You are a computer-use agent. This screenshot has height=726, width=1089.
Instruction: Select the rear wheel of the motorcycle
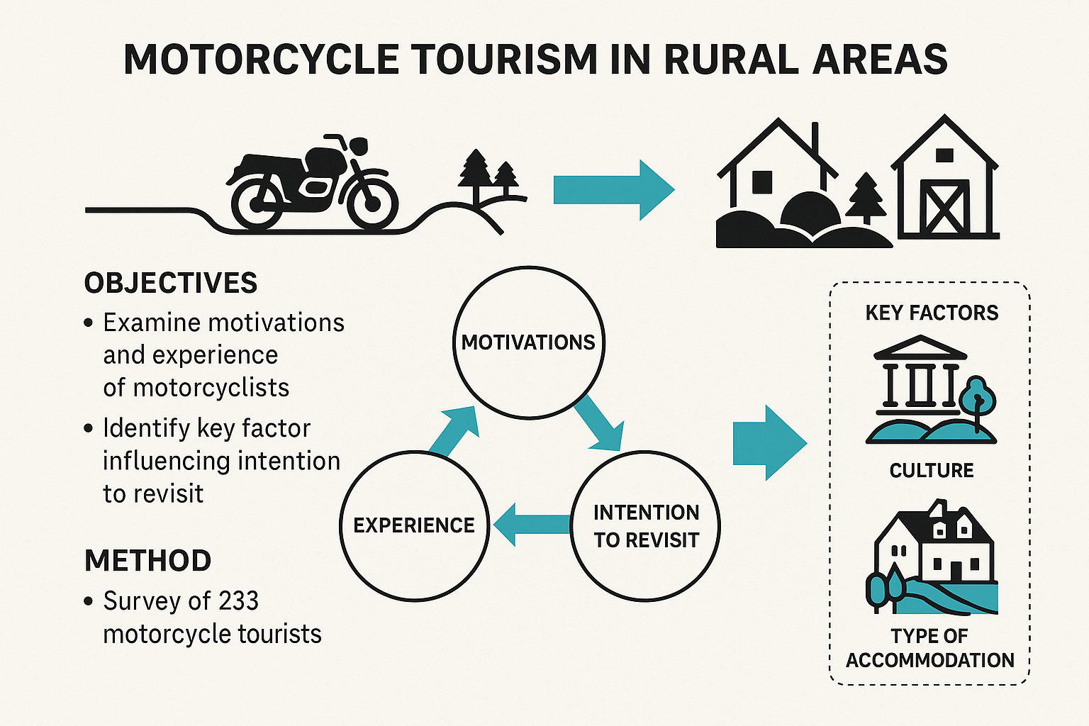tap(257, 203)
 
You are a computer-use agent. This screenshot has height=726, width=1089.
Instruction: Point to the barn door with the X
tap(944, 206)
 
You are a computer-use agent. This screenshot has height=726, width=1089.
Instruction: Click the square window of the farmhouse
tap(762, 181)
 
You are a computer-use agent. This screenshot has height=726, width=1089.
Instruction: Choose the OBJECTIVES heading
tap(171, 284)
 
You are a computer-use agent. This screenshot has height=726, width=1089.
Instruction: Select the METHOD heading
tap(147, 561)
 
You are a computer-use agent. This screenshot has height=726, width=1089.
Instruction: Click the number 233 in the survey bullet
tap(238, 601)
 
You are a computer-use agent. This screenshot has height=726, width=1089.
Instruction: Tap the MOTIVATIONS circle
tap(529, 342)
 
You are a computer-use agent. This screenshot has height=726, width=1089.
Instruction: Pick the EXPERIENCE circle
tap(414, 525)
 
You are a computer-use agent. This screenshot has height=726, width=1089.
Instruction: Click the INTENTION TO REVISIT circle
tap(646, 526)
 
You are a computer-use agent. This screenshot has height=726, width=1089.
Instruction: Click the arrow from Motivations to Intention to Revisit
tap(598, 425)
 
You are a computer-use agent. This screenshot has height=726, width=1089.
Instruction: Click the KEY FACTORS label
tap(932, 313)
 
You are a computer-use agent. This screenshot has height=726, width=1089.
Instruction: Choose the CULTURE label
tap(932, 470)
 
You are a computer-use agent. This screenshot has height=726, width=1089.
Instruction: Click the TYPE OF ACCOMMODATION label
tap(930, 648)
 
